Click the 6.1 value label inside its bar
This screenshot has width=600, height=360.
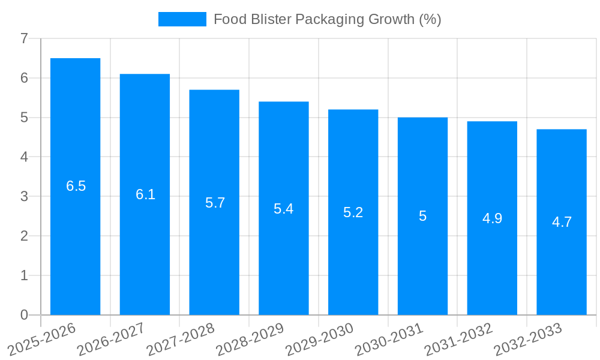click(145, 194)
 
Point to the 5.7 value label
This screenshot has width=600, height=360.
click(215, 203)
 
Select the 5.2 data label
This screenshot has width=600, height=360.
click(353, 212)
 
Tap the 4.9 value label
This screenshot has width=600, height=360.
click(492, 218)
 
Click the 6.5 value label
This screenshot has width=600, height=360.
click(76, 186)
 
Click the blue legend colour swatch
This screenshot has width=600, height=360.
click(182, 19)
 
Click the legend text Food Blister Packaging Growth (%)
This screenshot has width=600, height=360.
click(327, 19)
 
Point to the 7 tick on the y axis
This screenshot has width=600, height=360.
click(24, 38)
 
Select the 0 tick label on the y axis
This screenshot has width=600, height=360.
click(24, 315)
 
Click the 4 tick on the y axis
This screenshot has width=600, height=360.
click(24, 157)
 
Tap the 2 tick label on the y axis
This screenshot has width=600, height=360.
click(24, 236)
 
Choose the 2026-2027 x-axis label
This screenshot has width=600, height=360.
click(111, 338)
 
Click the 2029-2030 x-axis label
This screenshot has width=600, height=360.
click(319, 338)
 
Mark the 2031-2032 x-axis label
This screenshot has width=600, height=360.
click(458, 338)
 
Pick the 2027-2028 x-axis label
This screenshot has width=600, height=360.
click(180, 338)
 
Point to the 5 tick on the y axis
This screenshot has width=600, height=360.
click(24, 118)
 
